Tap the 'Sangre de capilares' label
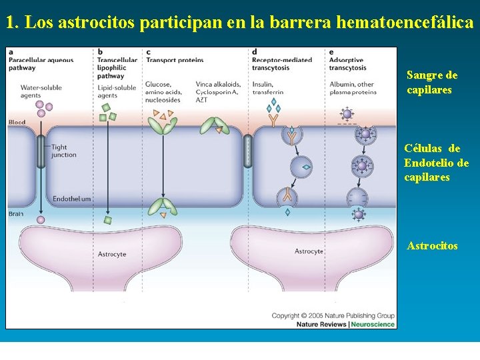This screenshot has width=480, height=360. pyautogui.click(x=432, y=83)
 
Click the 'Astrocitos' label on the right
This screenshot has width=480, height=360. pyautogui.click(x=432, y=246)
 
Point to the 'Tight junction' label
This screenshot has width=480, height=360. pyautogui.click(x=63, y=151)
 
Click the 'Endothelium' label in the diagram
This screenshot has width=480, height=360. pyautogui.click(x=71, y=199)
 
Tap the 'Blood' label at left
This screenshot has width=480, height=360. pyautogui.click(x=17, y=122)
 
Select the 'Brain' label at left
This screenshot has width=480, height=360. pyautogui.click(x=16, y=213)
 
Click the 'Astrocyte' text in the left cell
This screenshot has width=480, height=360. pyautogui.click(x=112, y=254)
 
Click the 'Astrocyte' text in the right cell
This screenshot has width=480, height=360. pyautogui.click(x=309, y=251)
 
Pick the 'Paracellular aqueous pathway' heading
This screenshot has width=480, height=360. pyautogui.click(x=41, y=63)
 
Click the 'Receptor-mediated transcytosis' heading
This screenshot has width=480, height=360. pyautogui.click(x=282, y=63)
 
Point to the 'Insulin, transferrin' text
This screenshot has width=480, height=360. pyautogui.click(x=268, y=88)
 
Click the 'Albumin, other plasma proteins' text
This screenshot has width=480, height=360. pyautogui.click(x=353, y=88)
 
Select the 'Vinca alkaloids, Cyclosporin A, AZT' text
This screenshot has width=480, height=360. pyautogui.click(x=218, y=91)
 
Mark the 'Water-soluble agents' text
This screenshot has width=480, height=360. pyautogui.click(x=41, y=91)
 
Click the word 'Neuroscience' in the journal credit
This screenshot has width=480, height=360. pyautogui.click(x=372, y=325)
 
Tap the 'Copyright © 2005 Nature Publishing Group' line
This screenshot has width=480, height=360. pyautogui.click(x=333, y=315)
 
